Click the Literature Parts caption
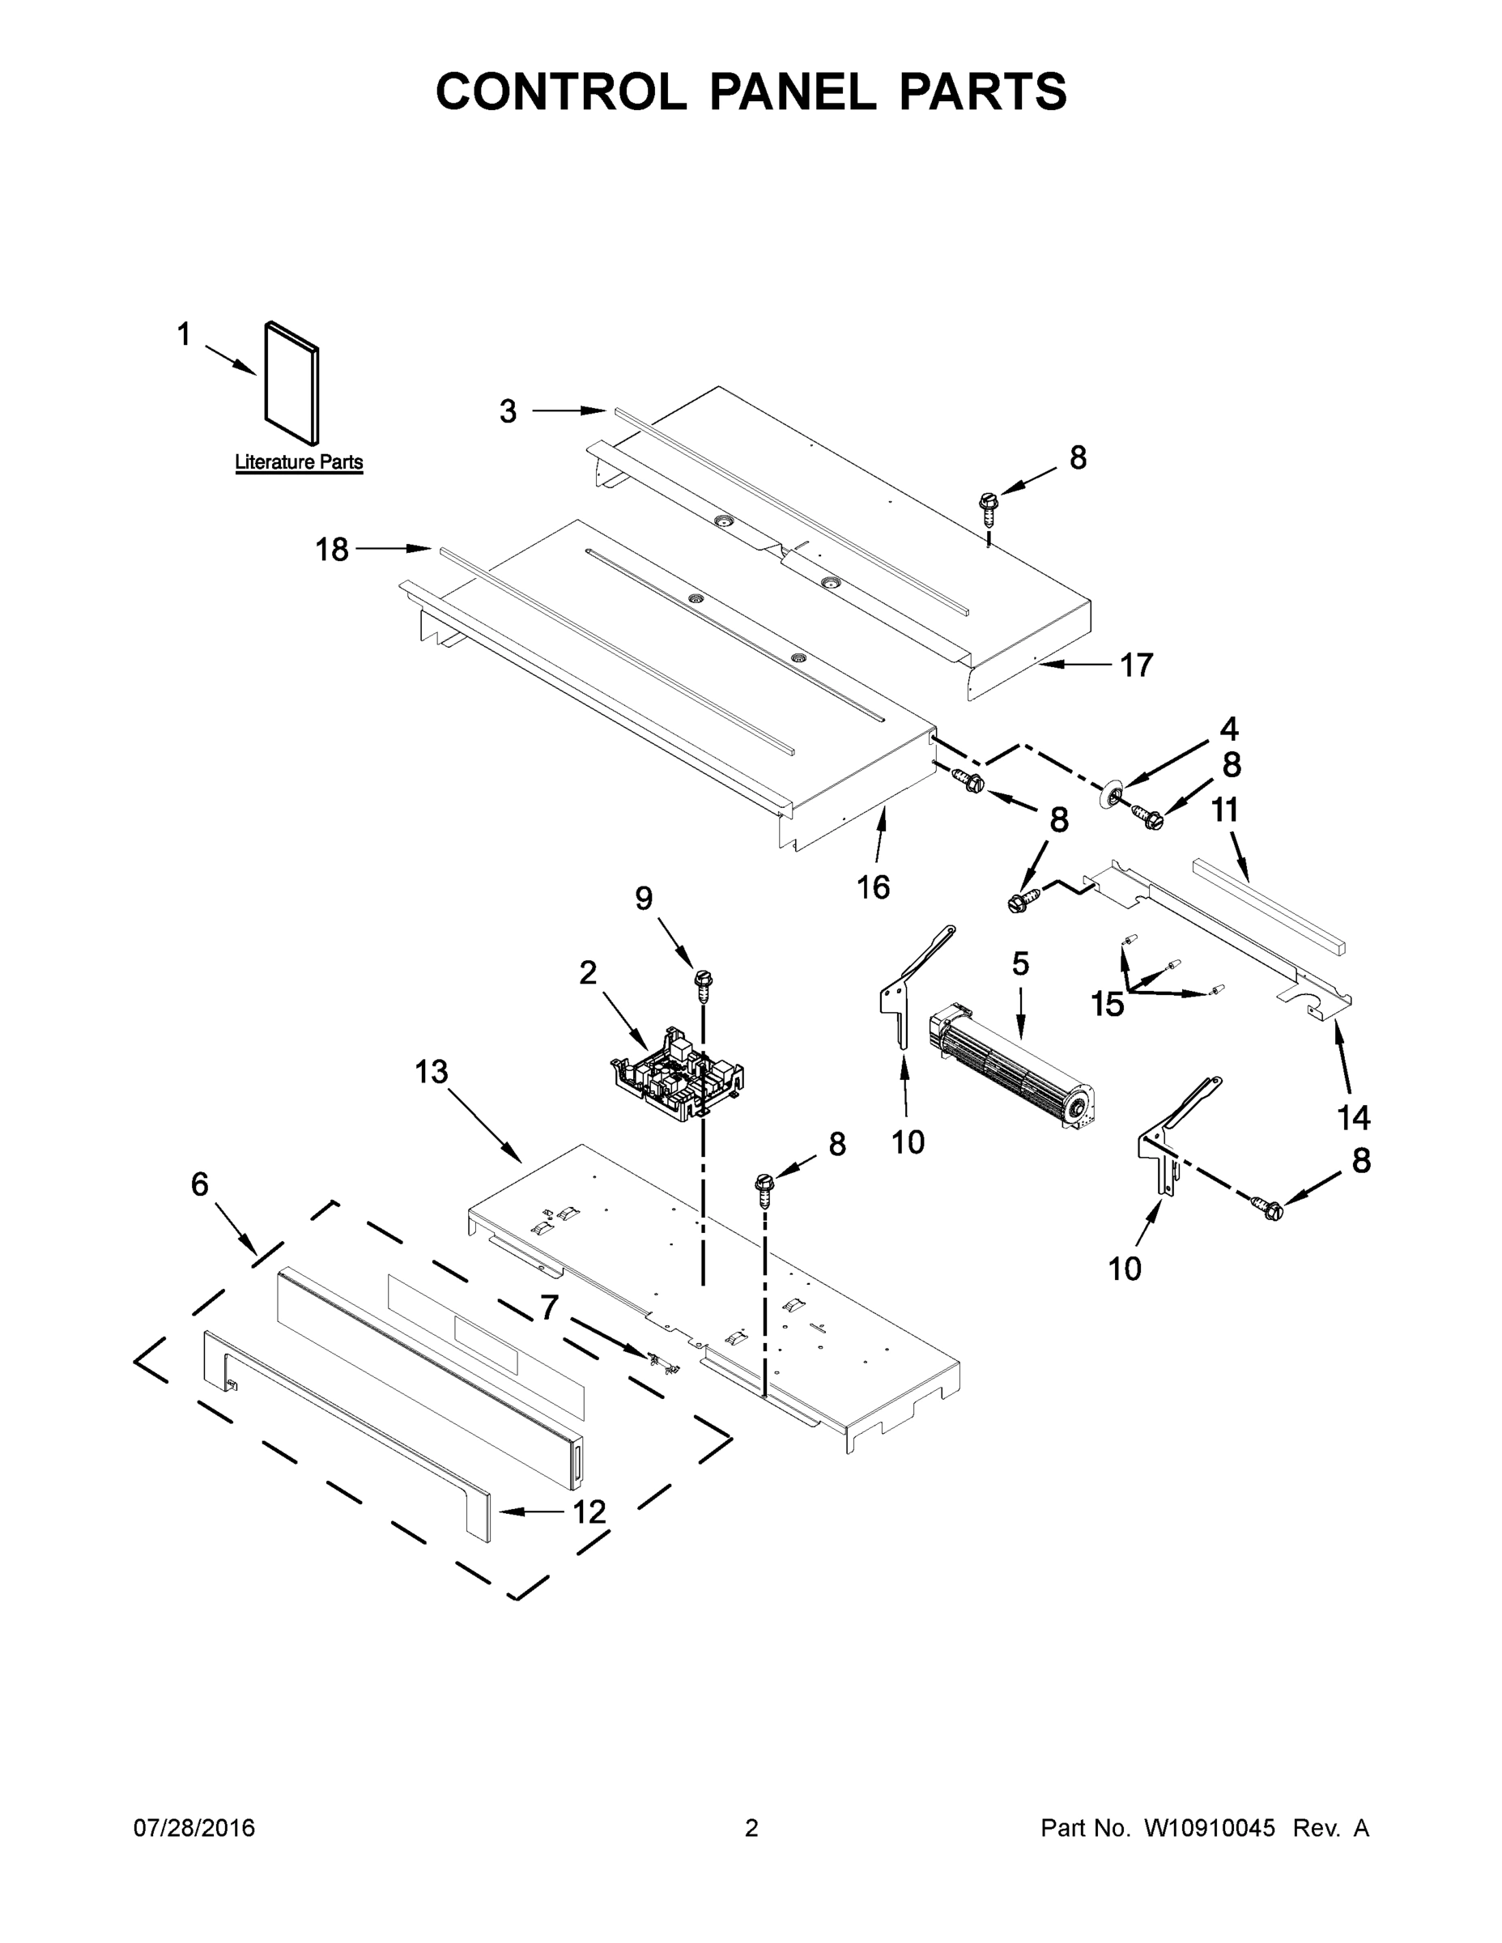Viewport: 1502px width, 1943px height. click(298, 462)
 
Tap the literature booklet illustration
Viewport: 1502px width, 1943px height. click(291, 383)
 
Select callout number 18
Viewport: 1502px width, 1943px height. click(332, 550)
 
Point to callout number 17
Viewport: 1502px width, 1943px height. click(1136, 665)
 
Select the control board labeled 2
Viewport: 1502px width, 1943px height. click(676, 1077)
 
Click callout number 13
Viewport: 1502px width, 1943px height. click(431, 1072)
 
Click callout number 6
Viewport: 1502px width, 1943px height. click(199, 1184)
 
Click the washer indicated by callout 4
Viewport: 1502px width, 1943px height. click(1107, 794)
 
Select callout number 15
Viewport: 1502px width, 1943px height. click(1108, 1005)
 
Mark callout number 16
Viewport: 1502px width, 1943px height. click(873, 887)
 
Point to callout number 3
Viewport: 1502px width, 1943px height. click(507, 411)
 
